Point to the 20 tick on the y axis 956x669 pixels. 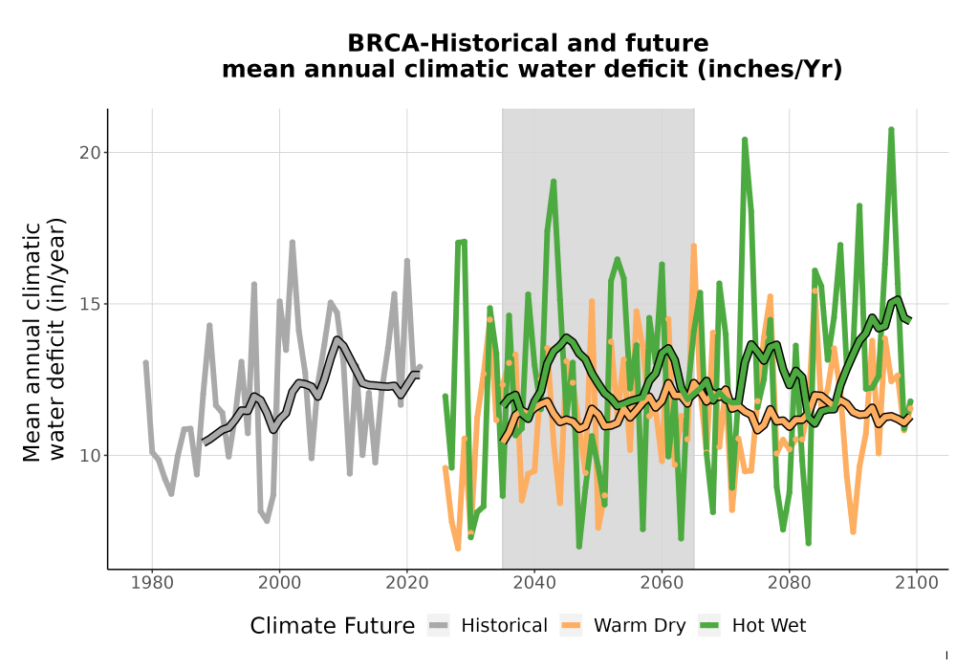coord(90,152)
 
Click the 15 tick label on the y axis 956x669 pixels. coord(90,304)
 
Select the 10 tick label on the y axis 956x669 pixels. coord(90,455)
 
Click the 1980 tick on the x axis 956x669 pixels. coord(152,583)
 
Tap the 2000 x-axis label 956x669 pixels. coord(279,583)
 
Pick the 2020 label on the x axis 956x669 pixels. coord(406,583)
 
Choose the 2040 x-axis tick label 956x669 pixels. coord(534,583)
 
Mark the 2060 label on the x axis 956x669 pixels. coord(662,583)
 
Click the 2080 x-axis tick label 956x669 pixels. coord(789,583)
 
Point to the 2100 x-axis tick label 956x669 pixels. coord(917,583)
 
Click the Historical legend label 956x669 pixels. coord(504,626)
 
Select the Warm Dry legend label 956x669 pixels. coord(640,626)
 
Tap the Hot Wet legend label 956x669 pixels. coord(769,626)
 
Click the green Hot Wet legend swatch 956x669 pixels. coord(708,625)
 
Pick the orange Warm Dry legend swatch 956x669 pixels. coord(571,625)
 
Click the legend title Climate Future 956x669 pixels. coord(333,626)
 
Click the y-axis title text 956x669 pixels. coord(44,342)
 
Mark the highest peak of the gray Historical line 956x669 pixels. coord(292,243)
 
